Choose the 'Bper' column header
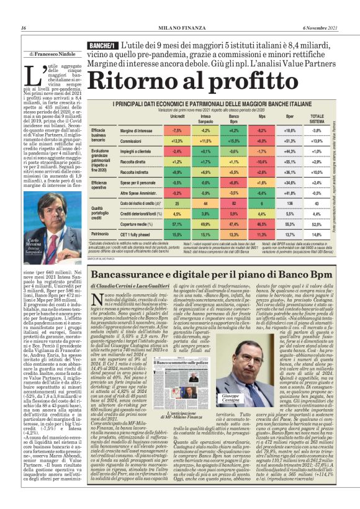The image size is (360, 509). (290, 117)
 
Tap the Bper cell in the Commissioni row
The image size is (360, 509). (290, 143)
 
